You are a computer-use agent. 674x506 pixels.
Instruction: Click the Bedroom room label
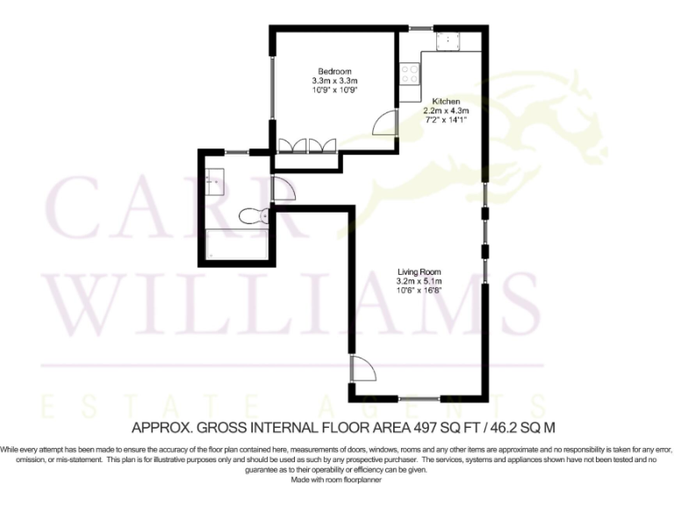334,71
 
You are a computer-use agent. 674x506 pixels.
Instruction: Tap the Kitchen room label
447,102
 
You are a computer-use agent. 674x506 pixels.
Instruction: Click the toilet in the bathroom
255,215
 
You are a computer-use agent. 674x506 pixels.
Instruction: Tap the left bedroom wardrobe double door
292,145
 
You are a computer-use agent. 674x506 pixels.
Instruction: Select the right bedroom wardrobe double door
322,145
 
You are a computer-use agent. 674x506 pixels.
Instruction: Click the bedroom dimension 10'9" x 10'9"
334,90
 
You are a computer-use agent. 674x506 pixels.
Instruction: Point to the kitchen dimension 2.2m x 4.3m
447,112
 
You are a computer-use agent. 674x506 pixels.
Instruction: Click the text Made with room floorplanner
336,480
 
